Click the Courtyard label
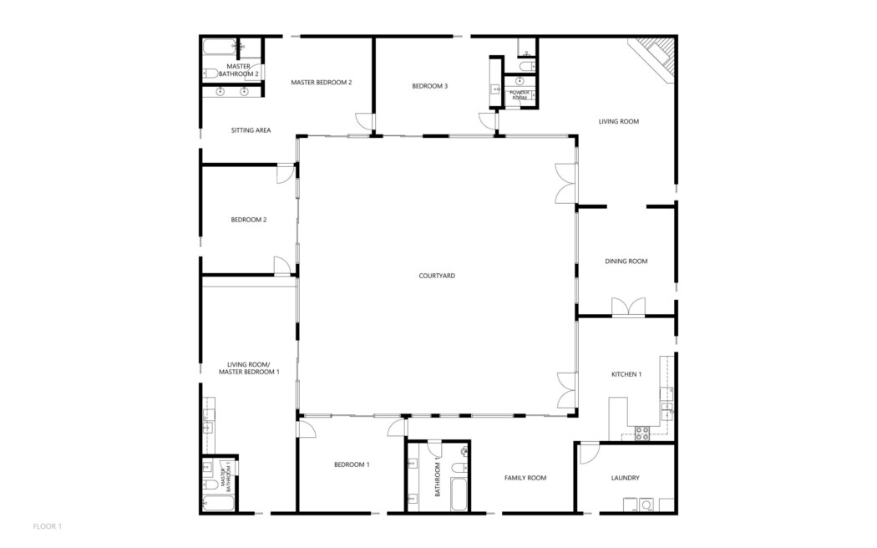point(437,276)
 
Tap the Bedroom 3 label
point(429,86)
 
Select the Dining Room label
point(626,261)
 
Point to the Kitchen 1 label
point(626,374)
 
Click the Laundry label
point(625,478)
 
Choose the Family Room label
point(525,478)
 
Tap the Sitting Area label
point(251,130)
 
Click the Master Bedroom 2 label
point(321,83)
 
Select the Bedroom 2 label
point(248,220)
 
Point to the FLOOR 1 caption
point(47,526)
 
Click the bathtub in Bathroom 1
point(459,495)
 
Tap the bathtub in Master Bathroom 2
point(219,47)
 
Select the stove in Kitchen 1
point(642,433)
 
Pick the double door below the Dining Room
point(628,307)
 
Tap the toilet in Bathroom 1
point(459,468)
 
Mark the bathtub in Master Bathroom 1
point(218,503)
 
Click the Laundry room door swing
point(589,453)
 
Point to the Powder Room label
point(520,95)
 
